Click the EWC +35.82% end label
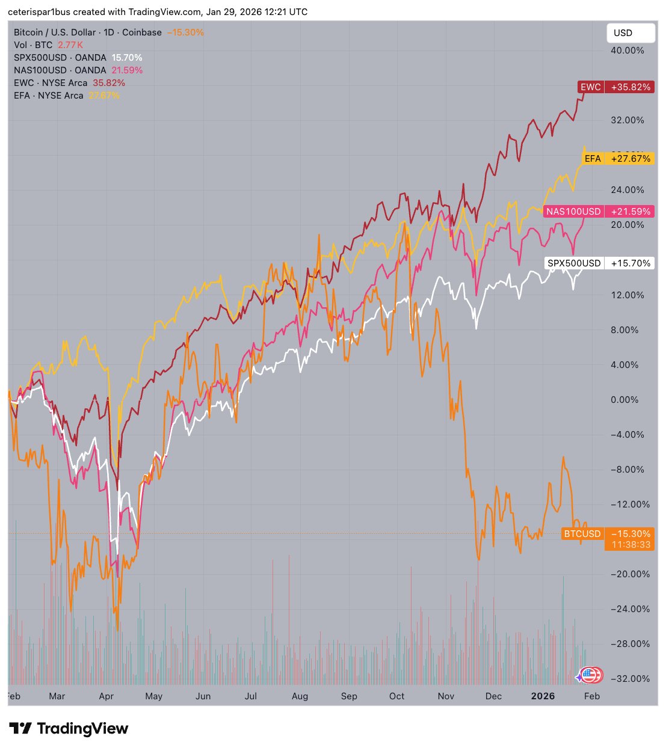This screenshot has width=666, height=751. click(x=615, y=87)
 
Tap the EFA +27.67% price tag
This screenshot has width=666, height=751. click(x=618, y=159)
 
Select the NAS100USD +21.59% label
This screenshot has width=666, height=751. click(x=598, y=212)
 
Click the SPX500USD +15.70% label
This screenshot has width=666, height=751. click(x=599, y=263)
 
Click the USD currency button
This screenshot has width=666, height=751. click(x=630, y=33)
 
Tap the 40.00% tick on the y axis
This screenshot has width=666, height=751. click(x=627, y=51)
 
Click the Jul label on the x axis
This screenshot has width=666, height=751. click(x=250, y=696)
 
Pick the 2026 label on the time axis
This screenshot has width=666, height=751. click(x=543, y=696)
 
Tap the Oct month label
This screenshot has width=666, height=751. click(x=397, y=696)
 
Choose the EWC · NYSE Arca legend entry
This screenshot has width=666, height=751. click(x=51, y=83)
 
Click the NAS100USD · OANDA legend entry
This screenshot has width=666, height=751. click(x=60, y=70)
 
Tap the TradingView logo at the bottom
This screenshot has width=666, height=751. click(x=69, y=729)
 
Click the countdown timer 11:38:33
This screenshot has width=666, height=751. click(x=631, y=545)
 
